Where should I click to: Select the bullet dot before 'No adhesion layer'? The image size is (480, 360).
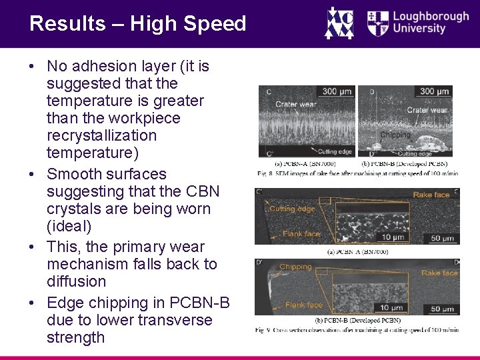point(32,67)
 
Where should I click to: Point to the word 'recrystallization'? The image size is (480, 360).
point(102,135)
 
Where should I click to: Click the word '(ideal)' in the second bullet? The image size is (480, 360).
point(70,226)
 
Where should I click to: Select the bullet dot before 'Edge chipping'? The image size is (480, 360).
point(32,303)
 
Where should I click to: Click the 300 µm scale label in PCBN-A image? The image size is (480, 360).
point(338,91)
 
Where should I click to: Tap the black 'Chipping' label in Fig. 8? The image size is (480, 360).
point(395,135)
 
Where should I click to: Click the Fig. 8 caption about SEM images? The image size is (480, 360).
point(357,173)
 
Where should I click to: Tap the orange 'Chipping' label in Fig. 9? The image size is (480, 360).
point(295,267)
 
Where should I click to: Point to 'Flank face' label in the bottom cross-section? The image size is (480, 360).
point(304,305)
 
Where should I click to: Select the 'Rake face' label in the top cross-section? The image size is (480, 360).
point(432,194)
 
